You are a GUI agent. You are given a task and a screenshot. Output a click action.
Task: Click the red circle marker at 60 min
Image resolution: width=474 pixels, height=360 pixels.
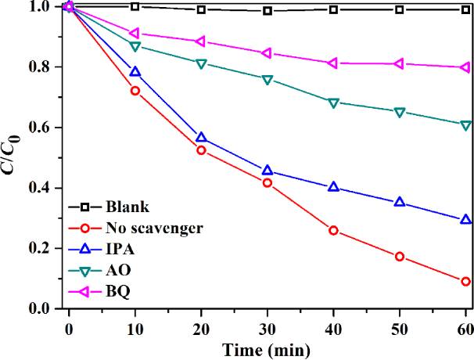pyautogui.click(x=465, y=282)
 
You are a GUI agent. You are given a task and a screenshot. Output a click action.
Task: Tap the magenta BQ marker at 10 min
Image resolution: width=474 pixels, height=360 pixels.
pyautogui.click(x=135, y=34)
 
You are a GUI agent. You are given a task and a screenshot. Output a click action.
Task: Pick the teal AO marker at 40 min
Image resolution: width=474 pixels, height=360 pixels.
pyautogui.click(x=333, y=103)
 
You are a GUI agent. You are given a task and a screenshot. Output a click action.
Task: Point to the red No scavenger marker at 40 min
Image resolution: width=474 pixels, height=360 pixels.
pyautogui.click(x=333, y=231)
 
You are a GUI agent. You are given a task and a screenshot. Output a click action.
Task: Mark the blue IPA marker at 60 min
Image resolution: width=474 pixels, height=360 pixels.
pyautogui.click(x=465, y=220)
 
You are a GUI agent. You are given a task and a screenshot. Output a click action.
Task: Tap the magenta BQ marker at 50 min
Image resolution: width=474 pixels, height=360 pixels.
pyautogui.click(x=400, y=63)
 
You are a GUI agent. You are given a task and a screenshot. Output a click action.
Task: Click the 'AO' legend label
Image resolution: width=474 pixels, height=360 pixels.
pyautogui.click(x=118, y=271)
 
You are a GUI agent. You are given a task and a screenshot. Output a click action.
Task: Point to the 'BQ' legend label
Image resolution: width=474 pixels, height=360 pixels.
pyautogui.click(x=118, y=292)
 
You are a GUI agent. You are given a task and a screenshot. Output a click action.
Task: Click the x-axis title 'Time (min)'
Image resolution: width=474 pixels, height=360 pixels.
pyautogui.click(x=264, y=348)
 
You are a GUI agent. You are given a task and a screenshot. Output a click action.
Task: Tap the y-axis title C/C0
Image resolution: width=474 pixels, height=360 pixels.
pyautogui.click(x=14, y=157)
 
